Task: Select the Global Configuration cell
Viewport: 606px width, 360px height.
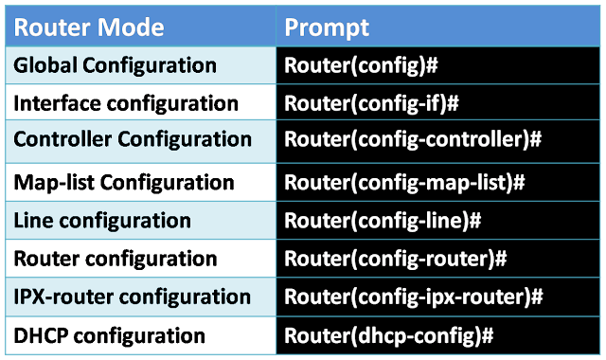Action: coord(115,66)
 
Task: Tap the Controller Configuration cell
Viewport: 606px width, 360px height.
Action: coord(133,139)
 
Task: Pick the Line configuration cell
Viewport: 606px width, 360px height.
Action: coord(102,221)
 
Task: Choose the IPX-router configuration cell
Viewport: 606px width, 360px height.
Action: coord(133,297)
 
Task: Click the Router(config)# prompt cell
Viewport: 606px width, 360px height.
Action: coord(359,67)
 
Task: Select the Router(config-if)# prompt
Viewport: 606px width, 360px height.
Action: coord(371,103)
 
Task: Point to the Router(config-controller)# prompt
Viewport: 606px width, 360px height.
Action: coord(412,140)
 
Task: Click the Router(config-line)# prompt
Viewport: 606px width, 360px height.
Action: coord(383,221)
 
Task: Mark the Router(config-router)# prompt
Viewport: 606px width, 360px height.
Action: coord(396,258)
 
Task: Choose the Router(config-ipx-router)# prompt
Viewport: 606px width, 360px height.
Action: coord(413,297)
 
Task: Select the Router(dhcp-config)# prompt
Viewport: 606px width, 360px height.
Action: coord(390,334)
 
